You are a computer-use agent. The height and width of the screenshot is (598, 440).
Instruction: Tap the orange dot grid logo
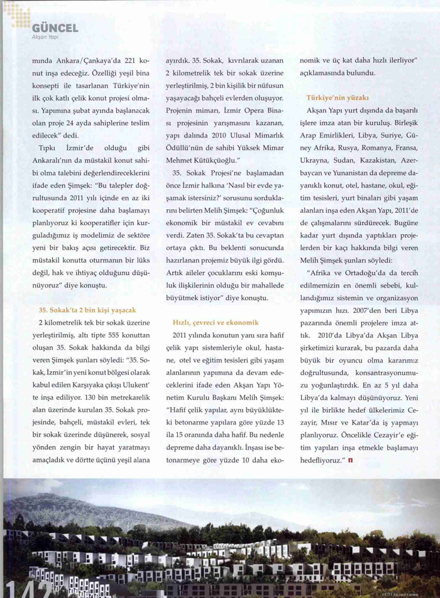tap(18, 15)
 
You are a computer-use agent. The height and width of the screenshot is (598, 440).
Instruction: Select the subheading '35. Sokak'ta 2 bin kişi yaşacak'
tap(87, 310)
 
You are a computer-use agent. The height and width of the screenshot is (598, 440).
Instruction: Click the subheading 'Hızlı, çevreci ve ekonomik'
tap(216, 322)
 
